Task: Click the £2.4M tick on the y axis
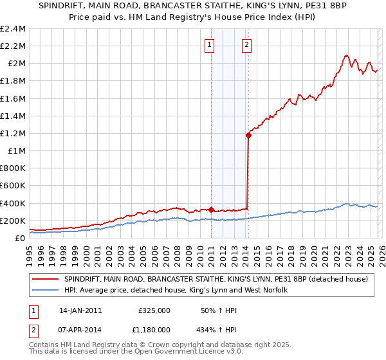(x=13, y=29)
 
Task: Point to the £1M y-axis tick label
(x=16, y=150)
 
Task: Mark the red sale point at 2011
(x=211, y=209)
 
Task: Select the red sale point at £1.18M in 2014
(x=248, y=135)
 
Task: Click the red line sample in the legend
(x=45, y=279)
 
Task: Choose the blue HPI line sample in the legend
(x=45, y=291)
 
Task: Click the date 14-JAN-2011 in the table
(x=80, y=310)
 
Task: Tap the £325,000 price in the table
(x=154, y=310)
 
